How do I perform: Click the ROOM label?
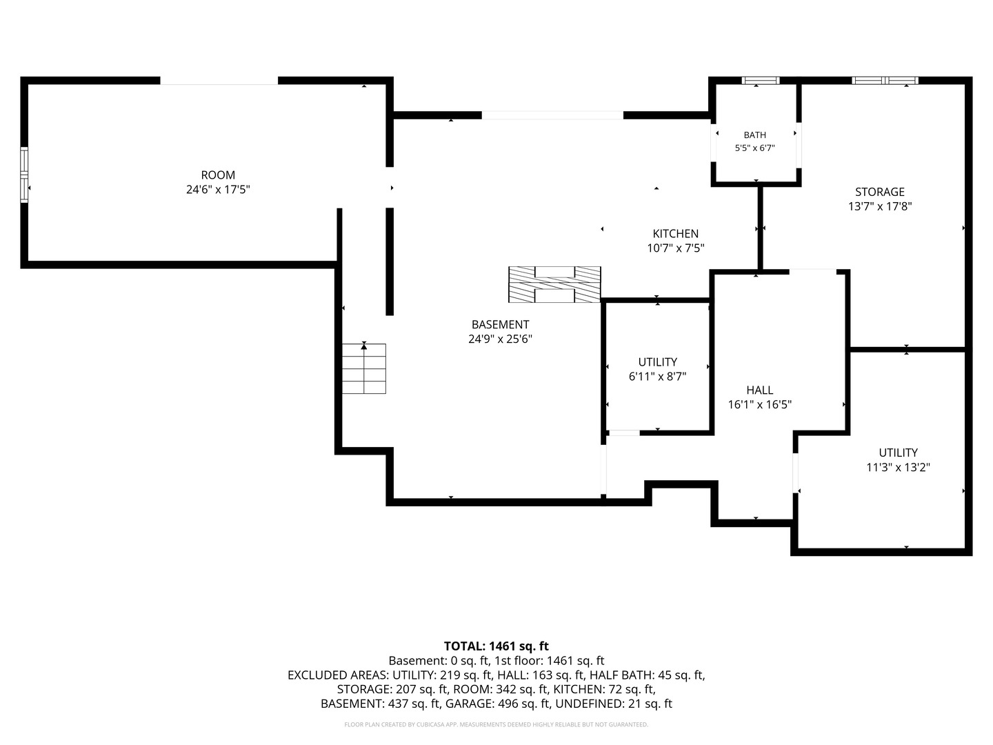pyautogui.click(x=218, y=175)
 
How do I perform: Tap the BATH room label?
pyautogui.click(x=754, y=135)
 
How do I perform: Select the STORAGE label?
pyautogui.click(x=879, y=192)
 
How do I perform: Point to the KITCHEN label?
pyautogui.click(x=675, y=234)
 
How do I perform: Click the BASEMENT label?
pyautogui.click(x=501, y=324)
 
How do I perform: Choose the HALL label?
pyautogui.click(x=759, y=390)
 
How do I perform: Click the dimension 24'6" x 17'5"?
pyautogui.click(x=218, y=190)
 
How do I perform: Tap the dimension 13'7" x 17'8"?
pyautogui.click(x=879, y=206)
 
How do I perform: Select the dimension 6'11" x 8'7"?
pyautogui.click(x=657, y=377)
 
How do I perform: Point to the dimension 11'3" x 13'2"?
pyautogui.click(x=898, y=467)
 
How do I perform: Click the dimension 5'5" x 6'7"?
pyautogui.click(x=754, y=148)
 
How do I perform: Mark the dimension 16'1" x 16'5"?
pyautogui.click(x=759, y=404)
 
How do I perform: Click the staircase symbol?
pyautogui.click(x=363, y=368)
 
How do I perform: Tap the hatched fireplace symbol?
pyautogui.click(x=554, y=284)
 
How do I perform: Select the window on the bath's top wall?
pyautogui.click(x=760, y=81)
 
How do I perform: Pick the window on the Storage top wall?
pyautogui.click(x=885, y=81)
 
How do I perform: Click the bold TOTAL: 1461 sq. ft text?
pyautogui.click(x=496, y=646)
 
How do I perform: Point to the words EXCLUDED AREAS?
pyautogui.click(x=338, y=675)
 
